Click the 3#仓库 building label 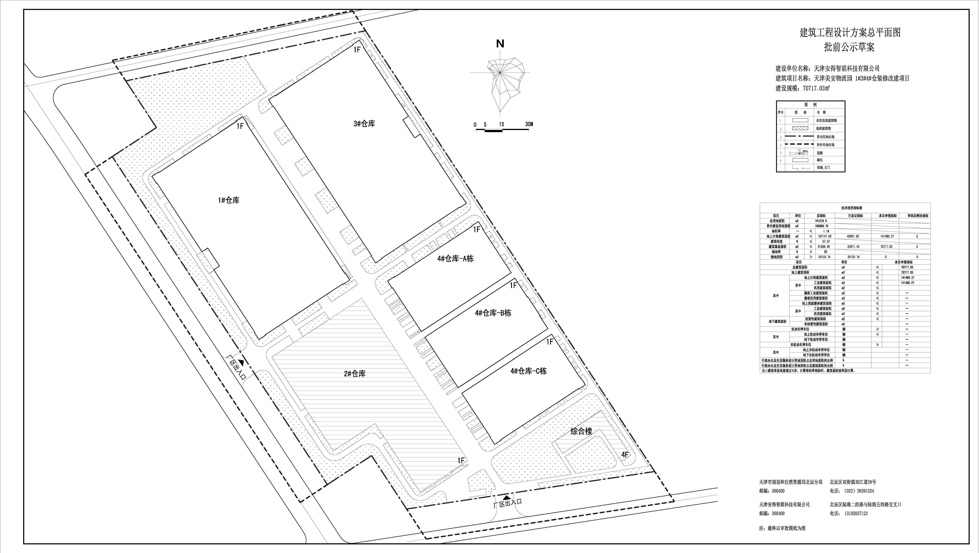tap(364, 124)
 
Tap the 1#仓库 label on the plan tap(228, 200)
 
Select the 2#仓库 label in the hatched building tap(355, 374)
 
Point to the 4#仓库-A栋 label tap(455, 259)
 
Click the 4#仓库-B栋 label tap(493, 313)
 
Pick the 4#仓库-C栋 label tap(528, 371)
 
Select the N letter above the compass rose tap(500, 44)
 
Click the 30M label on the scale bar tap(529, 124)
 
